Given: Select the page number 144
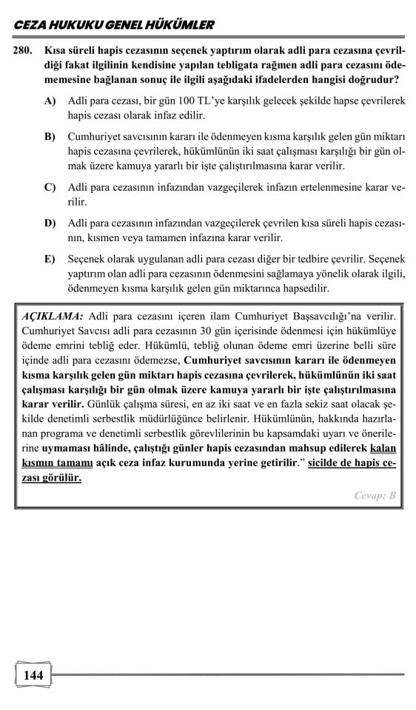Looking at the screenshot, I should point(33,675).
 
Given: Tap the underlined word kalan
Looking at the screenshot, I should point(384,447).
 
